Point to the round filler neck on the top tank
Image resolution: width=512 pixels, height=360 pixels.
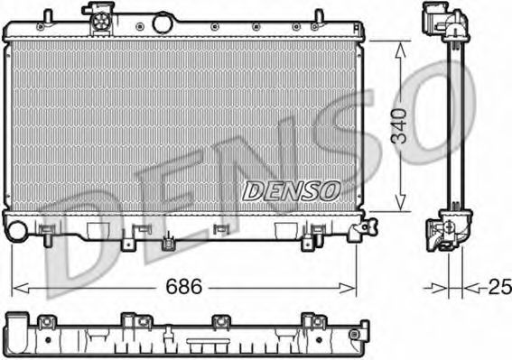(x=163, y=22)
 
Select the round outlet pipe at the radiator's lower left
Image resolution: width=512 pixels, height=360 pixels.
(x=14, y=230)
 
